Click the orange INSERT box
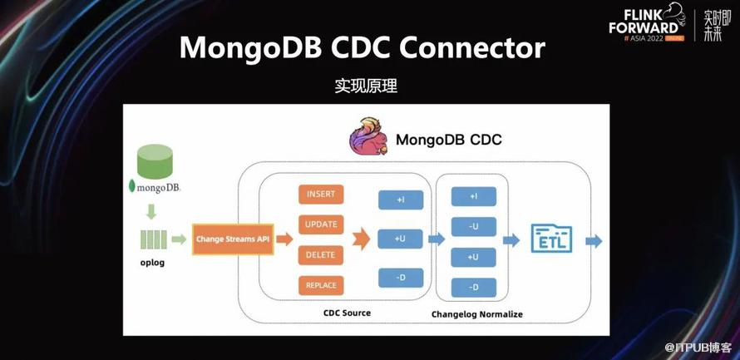click(321, 195)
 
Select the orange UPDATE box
click(321, 224)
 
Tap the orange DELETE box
click(321, 254)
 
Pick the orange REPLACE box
click(321, 285)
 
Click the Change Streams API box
click(233, 239)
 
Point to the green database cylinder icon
click(155, 160)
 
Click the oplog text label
click(153, 264)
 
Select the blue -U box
click(474, 226)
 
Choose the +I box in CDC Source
click(401, 200)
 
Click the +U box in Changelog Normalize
click(474, 257)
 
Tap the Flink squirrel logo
click(368, 137)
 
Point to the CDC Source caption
click(347, 313)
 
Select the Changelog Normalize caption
click(477, 314)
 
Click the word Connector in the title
click(471, 47)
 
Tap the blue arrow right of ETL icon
click(594, 240)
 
